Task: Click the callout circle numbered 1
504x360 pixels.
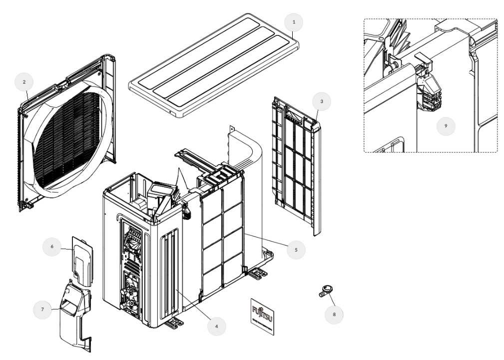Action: coord(294,22)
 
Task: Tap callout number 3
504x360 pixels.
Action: coord(322,101)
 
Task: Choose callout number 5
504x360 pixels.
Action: coord(296,249)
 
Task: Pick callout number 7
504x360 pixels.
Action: coord(42,310)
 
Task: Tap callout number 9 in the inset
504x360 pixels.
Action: coord(446,126)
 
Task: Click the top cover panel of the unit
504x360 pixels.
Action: coord(215,65)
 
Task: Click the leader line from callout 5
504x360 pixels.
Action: coord(265,239)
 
